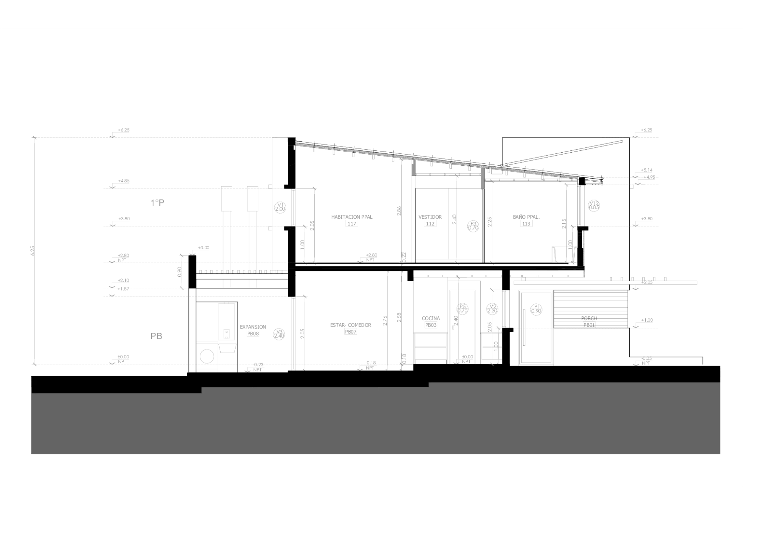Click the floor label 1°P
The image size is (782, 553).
click(157, 203)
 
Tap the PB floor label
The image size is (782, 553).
click(157, 336)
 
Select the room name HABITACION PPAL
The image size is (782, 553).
click(352, 217)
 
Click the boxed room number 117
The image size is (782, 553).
click(352, 224)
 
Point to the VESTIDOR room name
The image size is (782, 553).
click(430, 217)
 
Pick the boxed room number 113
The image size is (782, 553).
click(526, 224)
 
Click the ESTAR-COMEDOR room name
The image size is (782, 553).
click(351, 325)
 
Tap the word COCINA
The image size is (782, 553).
click(431, 318)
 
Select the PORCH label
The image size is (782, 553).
click(589, 318)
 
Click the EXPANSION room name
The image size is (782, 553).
click(253, 327)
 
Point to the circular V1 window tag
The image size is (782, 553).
click(280, 207)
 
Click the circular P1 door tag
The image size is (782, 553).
click(536, 309)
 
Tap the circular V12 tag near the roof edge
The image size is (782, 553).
click(594, 205)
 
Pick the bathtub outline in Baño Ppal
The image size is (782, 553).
click(564, 255)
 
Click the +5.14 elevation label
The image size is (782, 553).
click(646, 170)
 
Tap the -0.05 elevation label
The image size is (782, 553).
click(646, 358)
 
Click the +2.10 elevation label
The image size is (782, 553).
click(123, 280)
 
